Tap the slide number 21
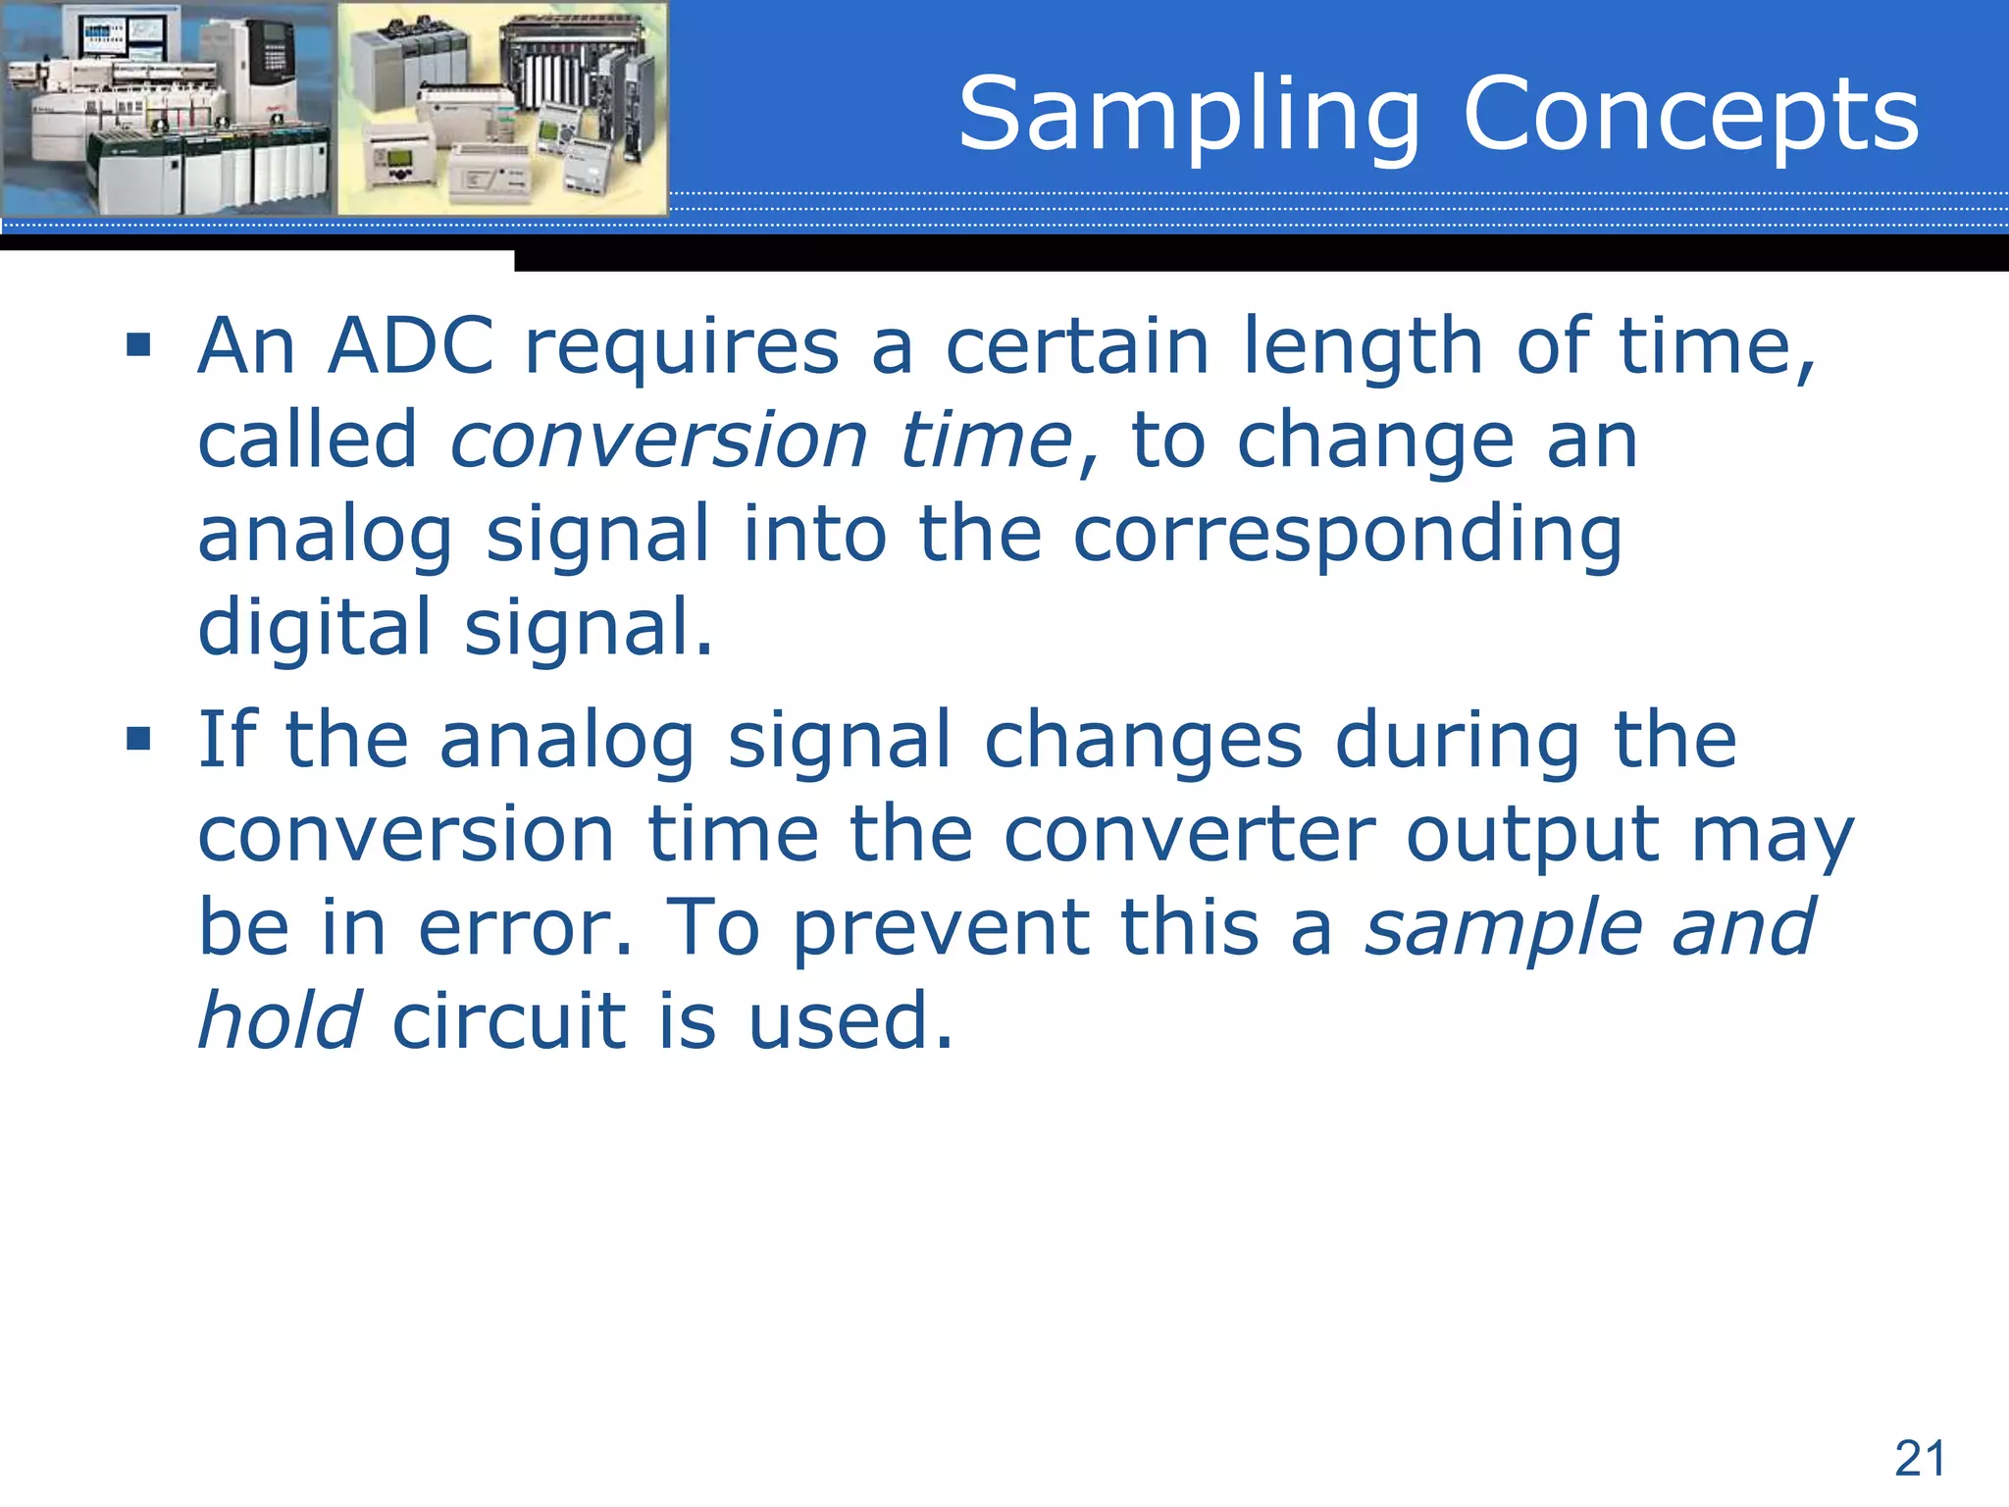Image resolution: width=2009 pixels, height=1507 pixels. (1919, 1458)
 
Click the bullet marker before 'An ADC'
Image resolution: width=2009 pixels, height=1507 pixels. (138, 345)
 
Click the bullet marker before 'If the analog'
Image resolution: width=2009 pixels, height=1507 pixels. (138, 738)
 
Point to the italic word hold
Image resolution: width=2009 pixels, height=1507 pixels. (280, 1020)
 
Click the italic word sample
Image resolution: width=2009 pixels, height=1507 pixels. (1502, 928)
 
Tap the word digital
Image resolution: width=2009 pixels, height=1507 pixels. (314, 628)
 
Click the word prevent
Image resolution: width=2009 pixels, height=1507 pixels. (941, 928)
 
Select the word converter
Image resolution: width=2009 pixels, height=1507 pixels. (1190, 835)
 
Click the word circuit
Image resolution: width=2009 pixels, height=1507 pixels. (509, 1020)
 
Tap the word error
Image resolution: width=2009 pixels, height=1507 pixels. (524, 928)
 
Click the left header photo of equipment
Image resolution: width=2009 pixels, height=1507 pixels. (167, 108)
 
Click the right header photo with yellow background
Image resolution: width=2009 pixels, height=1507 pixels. (502, 108)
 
